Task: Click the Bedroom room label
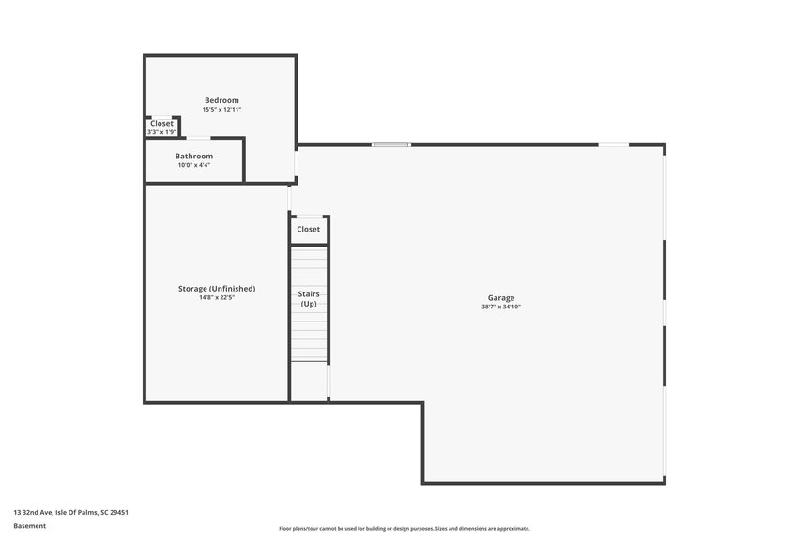[x=221, y=100]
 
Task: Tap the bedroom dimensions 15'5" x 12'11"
[x=221, y=110]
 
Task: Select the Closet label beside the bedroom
[x=161, y=124]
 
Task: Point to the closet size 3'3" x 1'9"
[x=162, y=132]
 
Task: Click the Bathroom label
[x=194, y=157]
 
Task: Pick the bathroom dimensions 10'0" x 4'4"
[x=194, y=165]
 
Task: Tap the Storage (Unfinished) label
[x=217, y=289]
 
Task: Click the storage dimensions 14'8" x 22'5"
[x=217, y=297]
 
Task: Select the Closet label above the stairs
[x=309, y=229]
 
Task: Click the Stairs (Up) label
[x=309, y=299]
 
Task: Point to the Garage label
[x=501, y=297]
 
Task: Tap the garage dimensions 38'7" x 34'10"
[x=501, y=307]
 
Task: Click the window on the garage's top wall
[x=391, y=144]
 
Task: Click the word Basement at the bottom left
[x=29, y=526]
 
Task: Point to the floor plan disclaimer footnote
[x=404, y=528]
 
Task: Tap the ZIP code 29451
[x=119, y=512]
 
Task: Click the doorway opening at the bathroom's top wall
[x=198, y=138]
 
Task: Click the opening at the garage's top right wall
[x=614, y=144]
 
